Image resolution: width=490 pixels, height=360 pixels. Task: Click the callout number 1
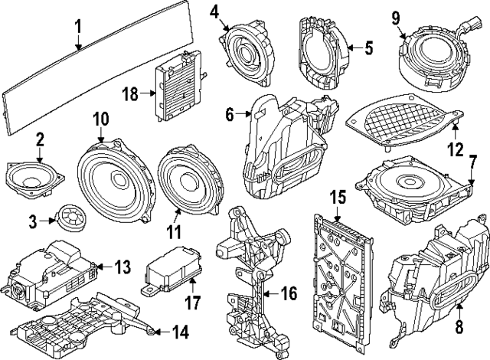click(x=78, y=28)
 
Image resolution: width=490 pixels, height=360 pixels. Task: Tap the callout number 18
click(x=130, y=94)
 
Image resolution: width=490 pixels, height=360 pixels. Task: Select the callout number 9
click(x=396, y=17)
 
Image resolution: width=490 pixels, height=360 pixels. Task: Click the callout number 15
click(x=334, y=198)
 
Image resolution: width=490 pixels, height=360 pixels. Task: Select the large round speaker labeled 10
click(x=112, y=176)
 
